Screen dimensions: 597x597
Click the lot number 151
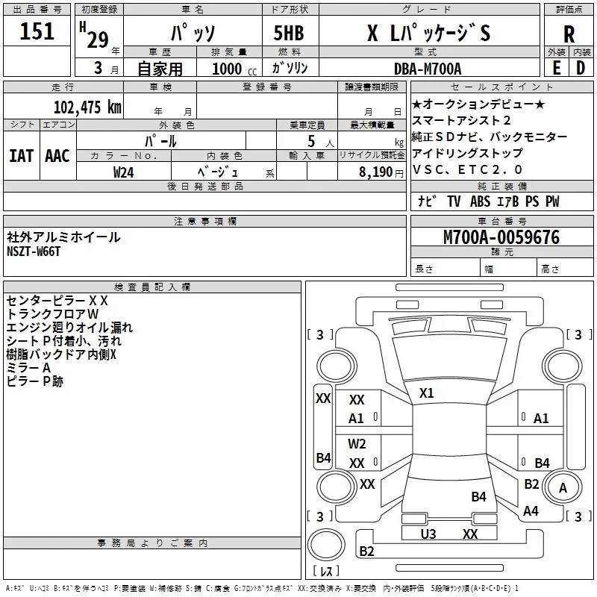tap(37, 31)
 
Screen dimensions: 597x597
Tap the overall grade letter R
tap(569, 34)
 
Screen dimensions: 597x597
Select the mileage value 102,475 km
tap(87, 107)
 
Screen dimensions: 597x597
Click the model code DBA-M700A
tap(428, 69)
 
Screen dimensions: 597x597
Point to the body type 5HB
tap(289, 33)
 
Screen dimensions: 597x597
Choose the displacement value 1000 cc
tap(234, 69)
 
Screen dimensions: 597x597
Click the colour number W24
tap(123, 172)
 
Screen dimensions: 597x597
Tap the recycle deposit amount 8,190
tap(376, 172)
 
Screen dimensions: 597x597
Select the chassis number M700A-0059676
tap(501, 237)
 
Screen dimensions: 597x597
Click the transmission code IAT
tap(22, 156)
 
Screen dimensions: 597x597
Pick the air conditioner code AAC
tap(57, 156)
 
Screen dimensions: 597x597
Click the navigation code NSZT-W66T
tap(34, 251)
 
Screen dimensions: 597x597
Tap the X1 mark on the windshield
tap(426, 393)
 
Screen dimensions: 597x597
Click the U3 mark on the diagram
tap(428, 534)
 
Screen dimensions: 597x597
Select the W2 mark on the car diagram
tap(357, 443)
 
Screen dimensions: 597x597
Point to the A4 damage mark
tap(531, 510)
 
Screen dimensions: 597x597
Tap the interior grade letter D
tap(581, 68)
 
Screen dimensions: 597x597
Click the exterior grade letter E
tap(557, 68)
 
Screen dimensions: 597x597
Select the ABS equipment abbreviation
tap(480, 201)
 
